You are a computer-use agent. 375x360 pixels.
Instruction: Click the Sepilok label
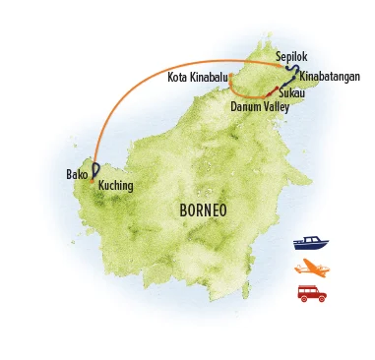(292, 57)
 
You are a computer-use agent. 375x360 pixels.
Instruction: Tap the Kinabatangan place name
(329, 76)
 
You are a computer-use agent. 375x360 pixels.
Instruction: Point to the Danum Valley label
(260, 105)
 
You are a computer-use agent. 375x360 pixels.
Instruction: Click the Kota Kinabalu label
(197, 76)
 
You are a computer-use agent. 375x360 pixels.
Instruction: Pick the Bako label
(77, 175)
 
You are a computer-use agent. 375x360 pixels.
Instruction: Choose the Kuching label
(116, 185)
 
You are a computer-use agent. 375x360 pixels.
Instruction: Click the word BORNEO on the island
(204, 210)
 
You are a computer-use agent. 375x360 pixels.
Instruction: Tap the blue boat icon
(310, 243)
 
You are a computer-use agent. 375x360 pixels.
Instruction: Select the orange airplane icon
(310, 268)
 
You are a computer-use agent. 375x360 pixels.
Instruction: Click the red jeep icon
(311, 292)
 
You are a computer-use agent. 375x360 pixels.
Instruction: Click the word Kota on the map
(178, 76)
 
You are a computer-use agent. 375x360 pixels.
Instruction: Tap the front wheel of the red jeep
(320, 298)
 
